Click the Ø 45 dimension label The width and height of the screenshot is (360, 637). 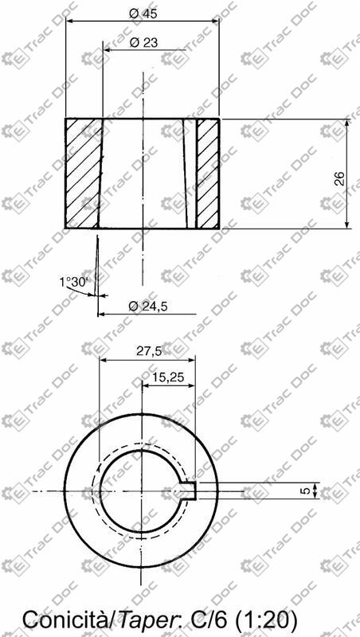[143, 13]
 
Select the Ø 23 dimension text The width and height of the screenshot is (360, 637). [143, 42]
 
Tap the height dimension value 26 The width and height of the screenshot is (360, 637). [339, 178]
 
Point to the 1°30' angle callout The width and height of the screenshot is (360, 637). [76, 282]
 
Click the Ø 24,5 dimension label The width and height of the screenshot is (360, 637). [148, 307]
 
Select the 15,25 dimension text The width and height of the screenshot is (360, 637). [169, 377]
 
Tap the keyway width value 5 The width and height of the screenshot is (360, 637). [307, 490]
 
